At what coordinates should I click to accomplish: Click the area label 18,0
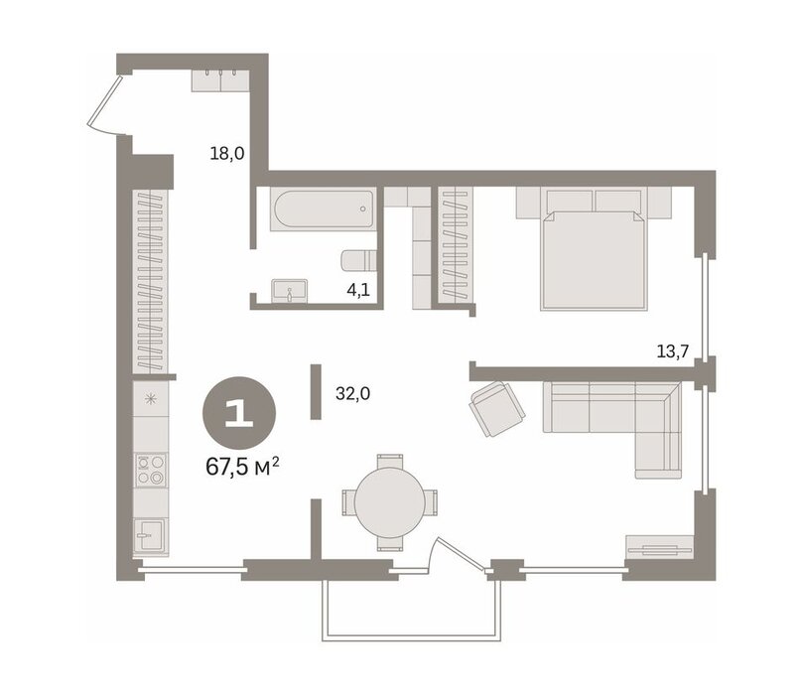tap(227, 153)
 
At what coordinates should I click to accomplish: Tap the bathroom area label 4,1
tap(358, 290)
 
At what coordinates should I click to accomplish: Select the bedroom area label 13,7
tap(672, 351)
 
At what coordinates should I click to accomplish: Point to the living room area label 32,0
tap(352, 393)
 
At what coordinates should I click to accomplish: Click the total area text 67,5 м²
tap(242, 467)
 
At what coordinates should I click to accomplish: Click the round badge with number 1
tap(239, 413)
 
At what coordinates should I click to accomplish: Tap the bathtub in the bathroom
tap(324, 208)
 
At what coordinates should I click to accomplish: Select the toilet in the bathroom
tap(358, 260)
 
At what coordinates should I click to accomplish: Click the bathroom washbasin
tap(290, 290)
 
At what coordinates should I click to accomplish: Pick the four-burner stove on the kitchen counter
tap(151, 471)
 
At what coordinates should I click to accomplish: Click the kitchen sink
tap(151, 536)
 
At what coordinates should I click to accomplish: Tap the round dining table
tap(390, 501)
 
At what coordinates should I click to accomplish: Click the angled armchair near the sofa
tap(496, 409)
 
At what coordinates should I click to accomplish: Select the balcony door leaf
tap(461, 554)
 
